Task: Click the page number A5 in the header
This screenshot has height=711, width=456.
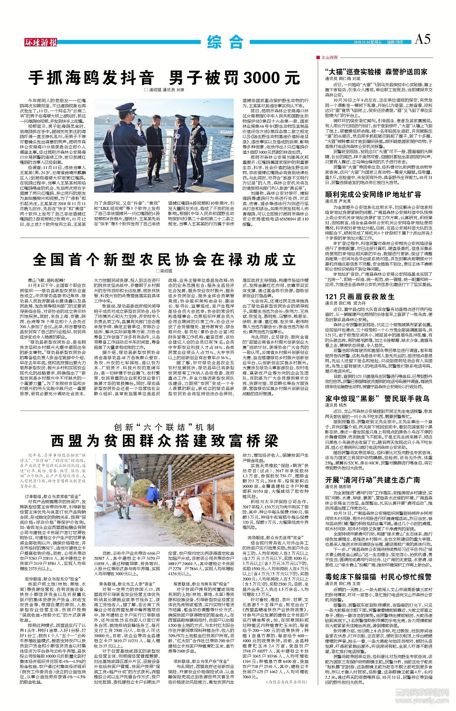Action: point(422,40)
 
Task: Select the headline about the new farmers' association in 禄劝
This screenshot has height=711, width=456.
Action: point(164,259)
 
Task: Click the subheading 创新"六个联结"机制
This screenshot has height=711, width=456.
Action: point(164,427)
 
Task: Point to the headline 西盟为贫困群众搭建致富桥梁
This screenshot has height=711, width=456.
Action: point(164,441)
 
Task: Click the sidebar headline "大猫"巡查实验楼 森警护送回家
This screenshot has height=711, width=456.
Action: point(376,72)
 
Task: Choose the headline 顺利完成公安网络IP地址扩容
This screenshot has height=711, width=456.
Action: point(367,194)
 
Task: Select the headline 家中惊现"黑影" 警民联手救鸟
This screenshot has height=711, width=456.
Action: point(377,398)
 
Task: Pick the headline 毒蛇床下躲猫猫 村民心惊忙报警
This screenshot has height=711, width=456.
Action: point(378,577)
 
